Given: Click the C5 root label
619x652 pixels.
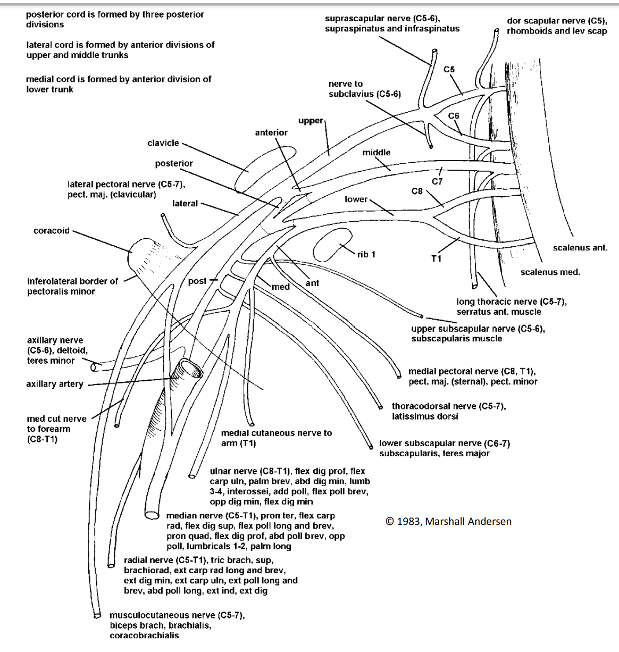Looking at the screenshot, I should point(449,70).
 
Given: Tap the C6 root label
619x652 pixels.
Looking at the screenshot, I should point(454,116).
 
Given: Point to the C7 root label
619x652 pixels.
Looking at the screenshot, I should point(437,181).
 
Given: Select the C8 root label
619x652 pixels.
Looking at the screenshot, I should point(417,191).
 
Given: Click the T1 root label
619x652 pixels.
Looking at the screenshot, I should point(436,258).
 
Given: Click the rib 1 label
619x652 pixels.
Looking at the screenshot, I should point(366,254).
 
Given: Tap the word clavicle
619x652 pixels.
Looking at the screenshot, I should point(163,143).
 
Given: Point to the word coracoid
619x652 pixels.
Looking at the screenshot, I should point(52,231).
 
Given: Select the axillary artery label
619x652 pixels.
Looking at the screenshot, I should point(55,384).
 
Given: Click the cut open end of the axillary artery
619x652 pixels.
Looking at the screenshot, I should point(189,368).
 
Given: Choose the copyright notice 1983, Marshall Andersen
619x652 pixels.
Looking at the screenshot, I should point(448,522).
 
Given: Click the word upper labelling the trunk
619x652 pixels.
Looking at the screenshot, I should point(311,121).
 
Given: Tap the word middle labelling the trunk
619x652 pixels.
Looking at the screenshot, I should point(377,153).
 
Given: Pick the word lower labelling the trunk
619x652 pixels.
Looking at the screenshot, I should point(356,199).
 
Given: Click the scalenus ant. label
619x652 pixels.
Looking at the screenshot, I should point(580,248).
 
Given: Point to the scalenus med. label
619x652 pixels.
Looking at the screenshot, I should point(550,272).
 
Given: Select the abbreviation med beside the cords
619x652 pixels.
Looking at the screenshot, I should point(281,287).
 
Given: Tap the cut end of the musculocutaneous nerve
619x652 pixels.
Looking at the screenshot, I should point(97,616).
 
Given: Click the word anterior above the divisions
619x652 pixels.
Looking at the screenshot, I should point(271,133).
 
